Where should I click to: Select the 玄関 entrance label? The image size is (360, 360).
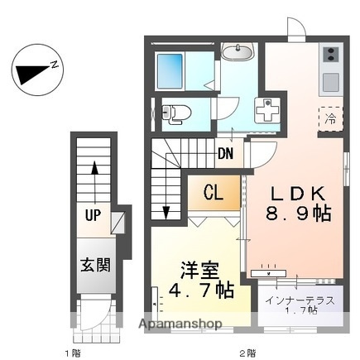click(x=95, y=266)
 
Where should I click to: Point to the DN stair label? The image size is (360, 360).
click(x=225, y=153)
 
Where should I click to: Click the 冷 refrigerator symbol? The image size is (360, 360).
click(x=329, y=118)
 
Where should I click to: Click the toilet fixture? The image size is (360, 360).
click(x=176, y=113)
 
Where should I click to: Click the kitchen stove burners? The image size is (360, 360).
click(x=329, y=56)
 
